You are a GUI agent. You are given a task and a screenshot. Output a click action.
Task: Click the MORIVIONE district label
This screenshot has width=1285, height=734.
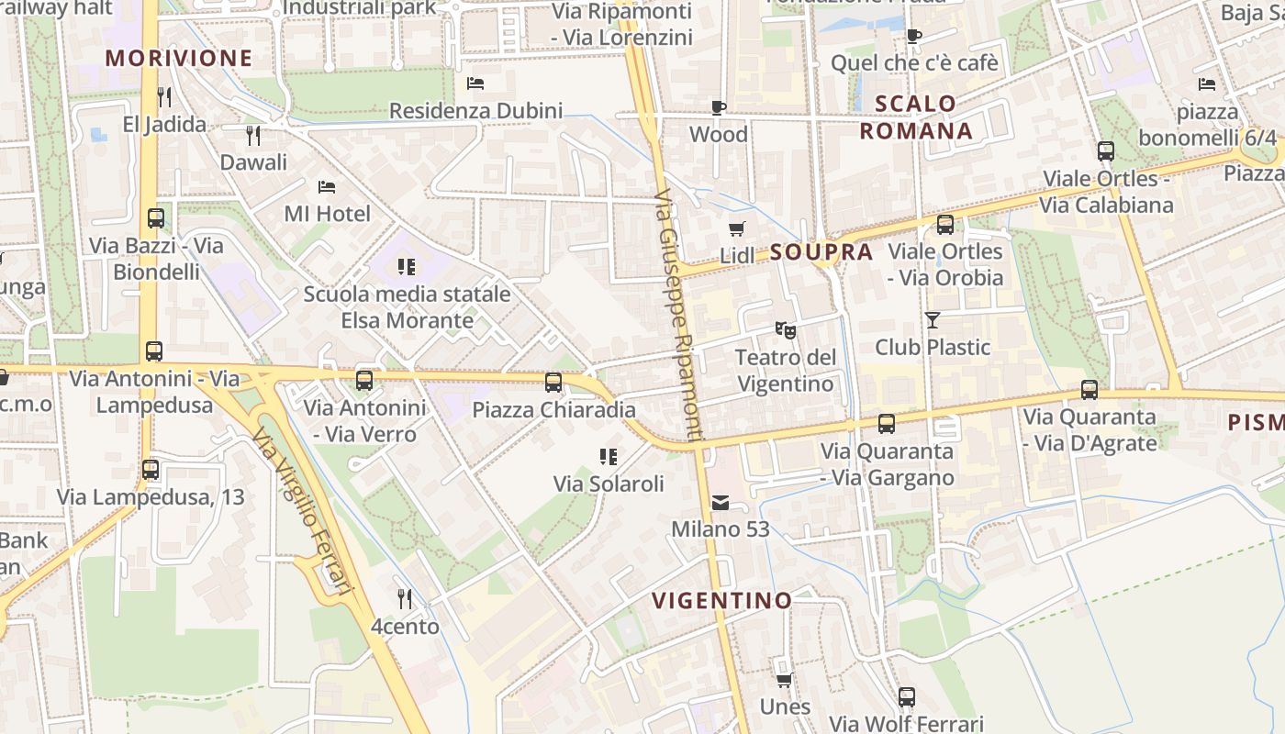tap(178, 59)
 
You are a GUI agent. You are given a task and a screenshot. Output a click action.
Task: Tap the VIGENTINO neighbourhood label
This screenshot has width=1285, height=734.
tap(721, 601)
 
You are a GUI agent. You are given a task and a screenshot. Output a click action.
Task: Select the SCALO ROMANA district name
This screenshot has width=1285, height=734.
tap(916, 117)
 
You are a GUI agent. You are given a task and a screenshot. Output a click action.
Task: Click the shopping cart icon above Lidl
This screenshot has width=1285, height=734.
tap(736, 228)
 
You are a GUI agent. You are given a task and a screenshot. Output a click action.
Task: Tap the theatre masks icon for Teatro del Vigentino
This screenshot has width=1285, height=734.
tap(785, 328)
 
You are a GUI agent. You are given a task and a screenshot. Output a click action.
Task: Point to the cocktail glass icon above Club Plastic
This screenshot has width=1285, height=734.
tap(933, 320)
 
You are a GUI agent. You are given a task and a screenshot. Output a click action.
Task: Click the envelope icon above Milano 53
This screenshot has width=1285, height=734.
tap(721, 502)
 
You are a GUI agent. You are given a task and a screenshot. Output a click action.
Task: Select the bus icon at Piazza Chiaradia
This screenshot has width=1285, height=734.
tap(553, 383)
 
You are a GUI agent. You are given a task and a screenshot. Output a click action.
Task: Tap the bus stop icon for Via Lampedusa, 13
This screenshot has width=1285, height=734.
tap(151, 470)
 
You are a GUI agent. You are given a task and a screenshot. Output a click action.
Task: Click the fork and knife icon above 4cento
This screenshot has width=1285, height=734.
tap(405, 599)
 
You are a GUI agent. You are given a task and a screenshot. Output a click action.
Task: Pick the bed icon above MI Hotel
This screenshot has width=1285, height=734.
tap(327, 187)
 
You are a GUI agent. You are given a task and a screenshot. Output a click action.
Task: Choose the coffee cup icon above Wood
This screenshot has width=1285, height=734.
tap(719, 108)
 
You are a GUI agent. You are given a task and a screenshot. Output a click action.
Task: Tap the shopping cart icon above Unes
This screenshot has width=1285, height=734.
tap(785, 680)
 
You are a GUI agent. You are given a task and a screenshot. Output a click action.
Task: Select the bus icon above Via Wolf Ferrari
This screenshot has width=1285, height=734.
tap(907, 697)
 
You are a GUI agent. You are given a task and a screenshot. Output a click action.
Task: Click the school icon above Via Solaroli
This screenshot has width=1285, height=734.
tap(609, 456)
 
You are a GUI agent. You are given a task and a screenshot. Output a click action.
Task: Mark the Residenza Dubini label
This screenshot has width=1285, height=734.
tap(475, 111)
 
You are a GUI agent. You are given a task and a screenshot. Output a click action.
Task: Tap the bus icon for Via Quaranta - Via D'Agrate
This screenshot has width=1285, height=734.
tap(1089, 390)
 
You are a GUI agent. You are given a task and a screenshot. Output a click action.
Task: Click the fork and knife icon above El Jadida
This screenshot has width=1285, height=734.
tap(164, 96)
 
